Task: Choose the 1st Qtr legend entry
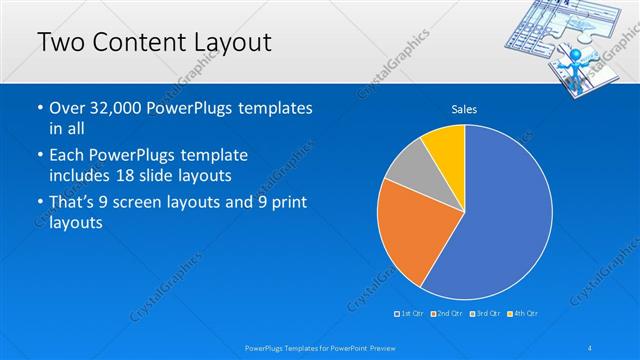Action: point(411,314)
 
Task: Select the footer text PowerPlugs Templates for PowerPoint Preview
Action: point(319,347)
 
